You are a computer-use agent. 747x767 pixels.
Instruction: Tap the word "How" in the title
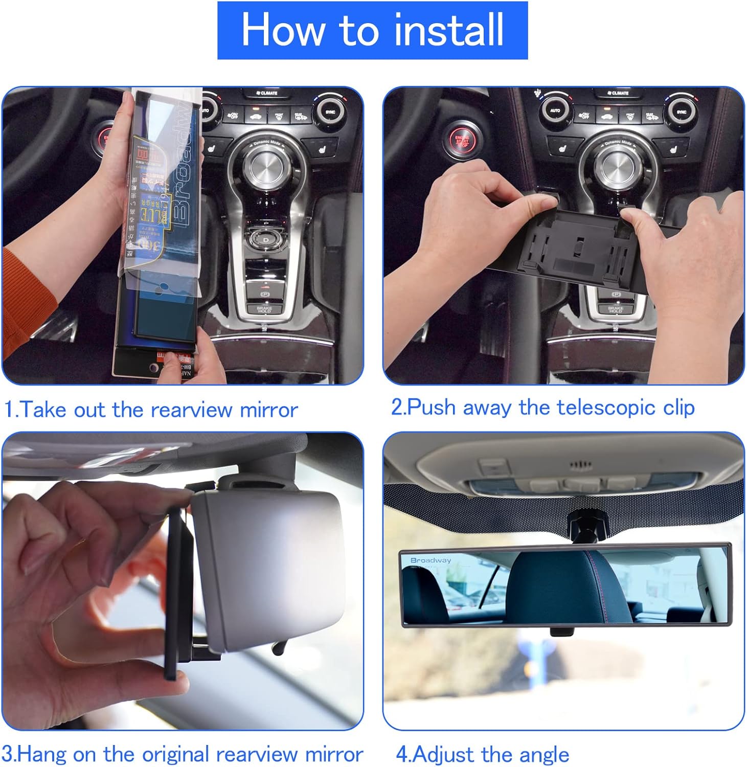pyautogui.click(x=282, y=30)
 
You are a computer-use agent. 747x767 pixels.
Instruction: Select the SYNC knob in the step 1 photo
pyautogui.click(x=330, y=111)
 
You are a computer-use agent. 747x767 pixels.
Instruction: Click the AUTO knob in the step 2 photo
pyautogui.click(x=555, y=110)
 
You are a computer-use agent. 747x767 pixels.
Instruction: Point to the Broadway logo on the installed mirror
pyautogui.click(x=431, y=560)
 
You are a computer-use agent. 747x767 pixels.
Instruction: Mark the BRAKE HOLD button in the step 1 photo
pyautogui.click(x=264, y=309)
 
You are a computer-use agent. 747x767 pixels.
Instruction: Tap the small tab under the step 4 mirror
pyautogui.click(x=561, y=632)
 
